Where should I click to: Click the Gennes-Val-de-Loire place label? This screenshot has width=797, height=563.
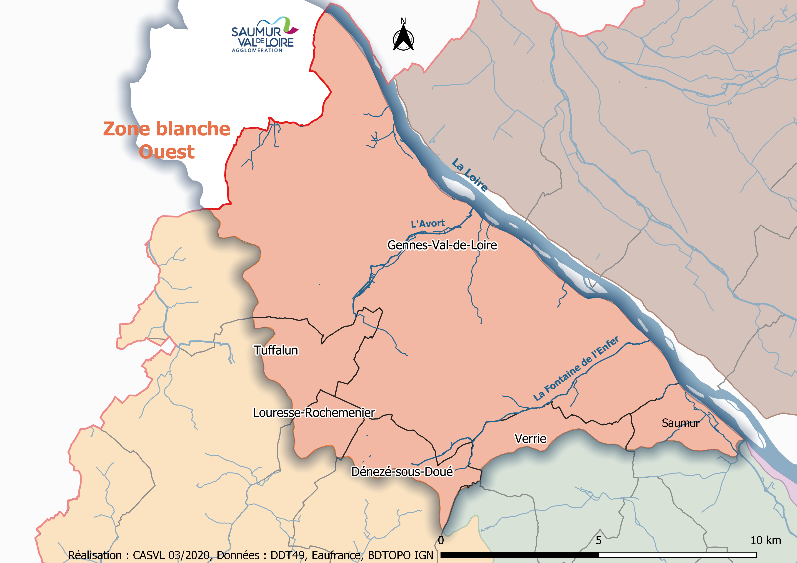442,245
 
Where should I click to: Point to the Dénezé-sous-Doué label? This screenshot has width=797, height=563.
402,472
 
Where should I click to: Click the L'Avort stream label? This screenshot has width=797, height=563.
428,224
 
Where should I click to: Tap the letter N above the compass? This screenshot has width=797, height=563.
403,21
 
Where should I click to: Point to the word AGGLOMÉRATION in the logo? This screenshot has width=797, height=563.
257,50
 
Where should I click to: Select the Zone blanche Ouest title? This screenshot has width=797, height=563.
167,140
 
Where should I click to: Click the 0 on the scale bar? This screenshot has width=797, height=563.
441,540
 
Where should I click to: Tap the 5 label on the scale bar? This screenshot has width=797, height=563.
598,540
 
